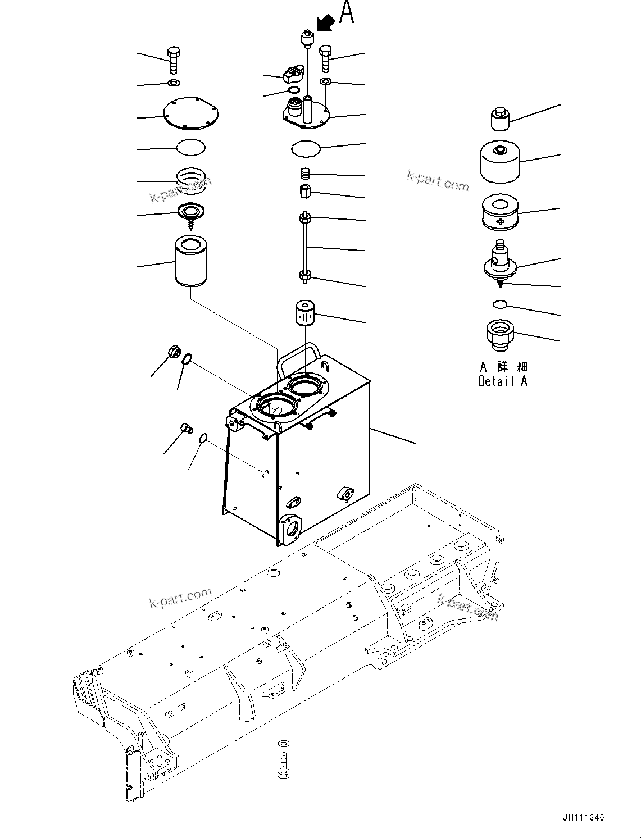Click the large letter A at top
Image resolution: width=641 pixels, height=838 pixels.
tap(347, 13)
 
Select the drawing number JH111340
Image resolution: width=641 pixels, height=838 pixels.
tap(582, 818)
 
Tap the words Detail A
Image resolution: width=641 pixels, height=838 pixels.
tap(503, 381)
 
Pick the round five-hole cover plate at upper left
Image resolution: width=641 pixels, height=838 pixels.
tap(192, 116)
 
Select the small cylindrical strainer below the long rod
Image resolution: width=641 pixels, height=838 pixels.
tap(305, 313)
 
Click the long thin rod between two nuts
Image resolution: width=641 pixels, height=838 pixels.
tap(305, 247)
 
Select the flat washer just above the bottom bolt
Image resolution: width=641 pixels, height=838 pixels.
tap(284, 743)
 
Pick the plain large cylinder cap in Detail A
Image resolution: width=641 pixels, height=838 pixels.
tap(499, 161)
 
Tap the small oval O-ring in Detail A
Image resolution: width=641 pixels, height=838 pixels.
tap(499, 304)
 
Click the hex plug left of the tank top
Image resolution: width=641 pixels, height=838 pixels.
tap(174, 353)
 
